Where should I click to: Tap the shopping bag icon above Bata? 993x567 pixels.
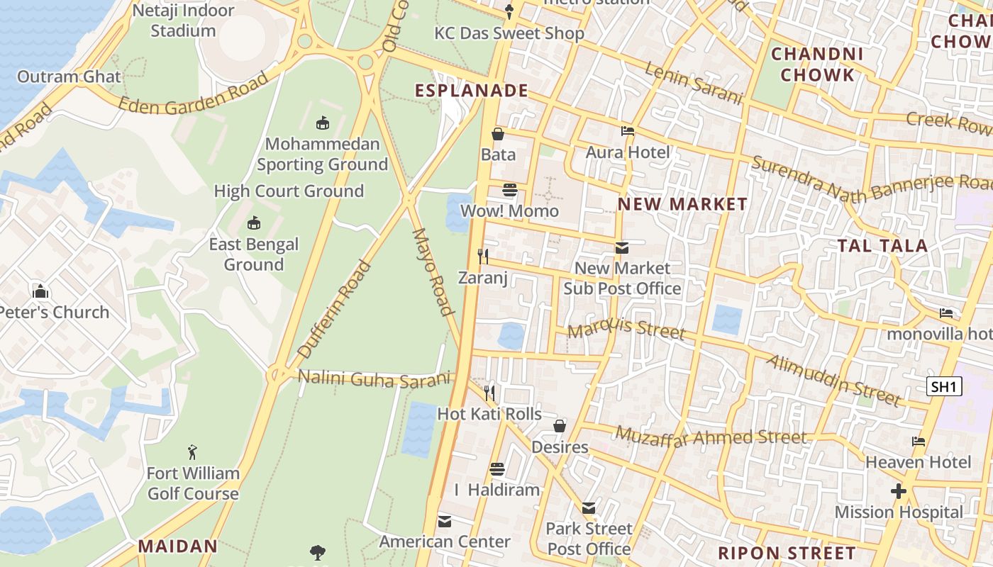point(498,134)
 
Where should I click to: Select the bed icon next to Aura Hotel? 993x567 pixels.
point(628,131)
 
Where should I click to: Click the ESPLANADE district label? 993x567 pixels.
point(472,91)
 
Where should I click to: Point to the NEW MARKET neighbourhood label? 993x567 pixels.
point(682,204)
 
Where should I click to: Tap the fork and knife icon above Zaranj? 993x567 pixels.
point(483,257)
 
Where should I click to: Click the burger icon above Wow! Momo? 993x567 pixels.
point(509,190)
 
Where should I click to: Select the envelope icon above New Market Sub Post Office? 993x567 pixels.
point(622,247)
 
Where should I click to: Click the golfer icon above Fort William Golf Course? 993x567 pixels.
point(192,452)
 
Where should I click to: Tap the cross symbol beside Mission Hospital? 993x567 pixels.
point(899,491)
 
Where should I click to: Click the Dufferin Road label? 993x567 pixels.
point(334,309)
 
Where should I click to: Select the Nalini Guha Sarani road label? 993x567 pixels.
point(374,378)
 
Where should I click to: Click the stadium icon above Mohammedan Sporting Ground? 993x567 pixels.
point(323,123)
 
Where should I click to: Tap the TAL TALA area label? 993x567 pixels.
point(882,246)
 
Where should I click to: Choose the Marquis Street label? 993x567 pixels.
point(626,328)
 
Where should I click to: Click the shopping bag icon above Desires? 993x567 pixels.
point(560,426)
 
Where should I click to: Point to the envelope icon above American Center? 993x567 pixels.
point(445,521)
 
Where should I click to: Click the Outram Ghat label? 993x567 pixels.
point(69,77)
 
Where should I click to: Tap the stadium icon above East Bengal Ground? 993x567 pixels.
point(254,224)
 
